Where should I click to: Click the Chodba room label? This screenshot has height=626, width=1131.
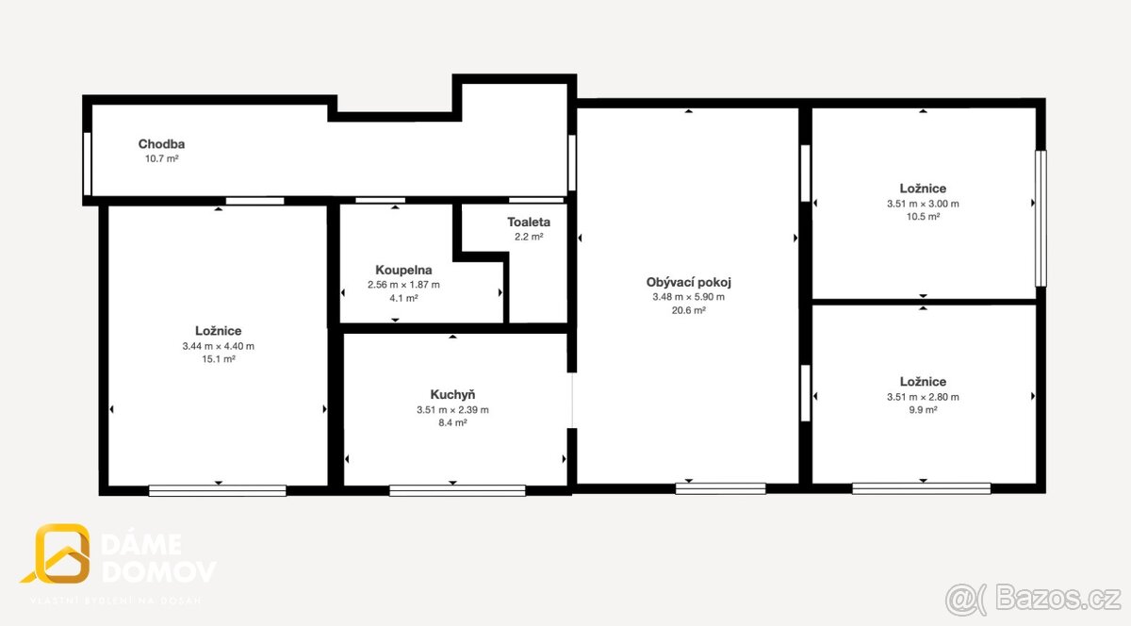click(161, 144)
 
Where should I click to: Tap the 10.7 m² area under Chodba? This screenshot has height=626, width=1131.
click(161, 158)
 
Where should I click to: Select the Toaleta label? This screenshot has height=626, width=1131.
click(529, 222)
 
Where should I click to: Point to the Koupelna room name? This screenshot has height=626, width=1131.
click(403, 271)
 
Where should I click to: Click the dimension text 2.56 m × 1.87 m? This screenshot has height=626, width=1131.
click(403, 285)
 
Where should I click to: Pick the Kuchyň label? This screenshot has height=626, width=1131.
click(452, 394)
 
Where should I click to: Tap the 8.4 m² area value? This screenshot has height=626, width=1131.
click(452, 422)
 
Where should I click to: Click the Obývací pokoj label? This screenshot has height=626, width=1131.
click(689, 282)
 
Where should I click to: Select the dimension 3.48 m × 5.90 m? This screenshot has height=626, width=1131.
click(689, 297)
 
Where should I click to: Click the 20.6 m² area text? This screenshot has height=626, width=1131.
click(689, 310)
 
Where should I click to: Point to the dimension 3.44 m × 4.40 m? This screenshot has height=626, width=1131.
click(218, 346)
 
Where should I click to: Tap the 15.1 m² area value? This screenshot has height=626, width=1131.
click(218, 359)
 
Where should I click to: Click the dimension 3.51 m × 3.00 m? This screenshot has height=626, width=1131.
click(923, 204)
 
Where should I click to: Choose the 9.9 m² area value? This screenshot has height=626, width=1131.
click(923, 410)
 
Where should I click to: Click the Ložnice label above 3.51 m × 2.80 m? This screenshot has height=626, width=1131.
click(923, 382)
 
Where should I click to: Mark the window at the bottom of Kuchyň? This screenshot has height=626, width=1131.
click(457, 490)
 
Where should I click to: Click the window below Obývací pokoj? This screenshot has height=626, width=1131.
click(720, 488)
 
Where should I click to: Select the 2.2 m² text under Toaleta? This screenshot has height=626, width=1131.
click(529, 237)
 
